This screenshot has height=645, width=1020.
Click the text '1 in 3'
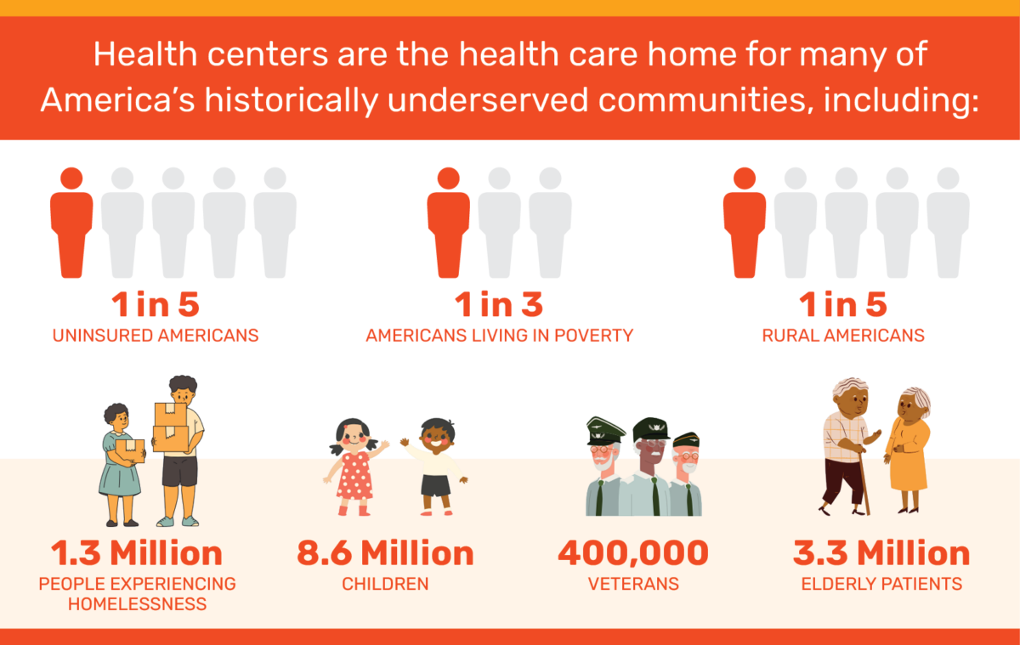point(498,304)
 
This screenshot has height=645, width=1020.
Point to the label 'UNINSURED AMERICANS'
point(156,335)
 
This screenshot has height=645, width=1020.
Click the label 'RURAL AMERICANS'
point(843,335)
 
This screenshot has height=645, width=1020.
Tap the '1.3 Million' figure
point(136,553)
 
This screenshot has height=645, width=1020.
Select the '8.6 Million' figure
point(385,553)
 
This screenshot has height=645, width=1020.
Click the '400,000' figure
point(633,553)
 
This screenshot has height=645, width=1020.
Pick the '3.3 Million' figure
point(881,553)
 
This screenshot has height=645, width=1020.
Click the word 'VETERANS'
point(633,585)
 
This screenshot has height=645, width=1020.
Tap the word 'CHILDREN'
point(385,585)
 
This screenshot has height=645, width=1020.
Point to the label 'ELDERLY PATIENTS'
point(881,585)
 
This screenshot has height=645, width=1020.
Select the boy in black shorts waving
point(435,467)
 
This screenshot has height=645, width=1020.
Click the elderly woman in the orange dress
point(908,450)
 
